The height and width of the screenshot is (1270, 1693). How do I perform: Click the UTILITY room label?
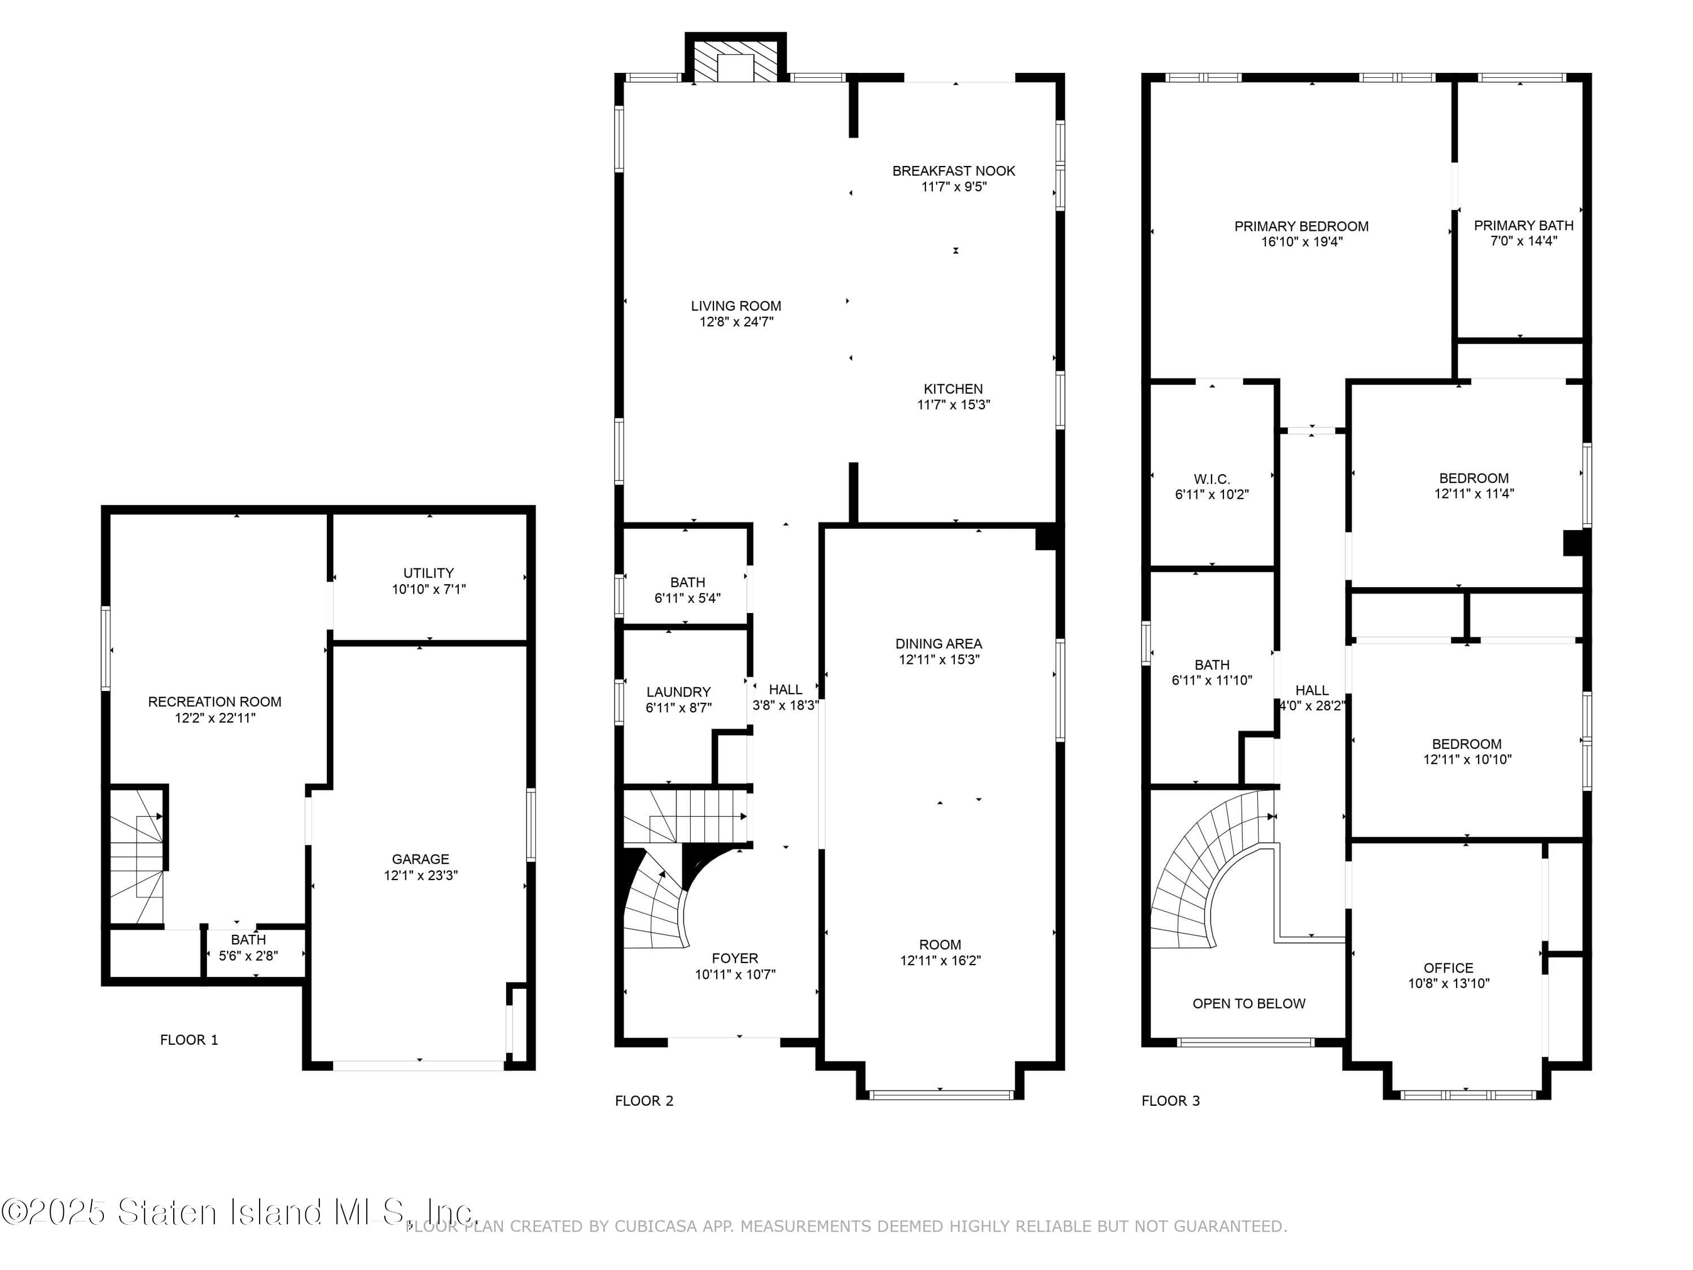pos(428,572)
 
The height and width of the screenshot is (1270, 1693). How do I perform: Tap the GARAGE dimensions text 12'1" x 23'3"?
pos(421,875)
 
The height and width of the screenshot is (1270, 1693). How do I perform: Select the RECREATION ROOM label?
pos(214,701)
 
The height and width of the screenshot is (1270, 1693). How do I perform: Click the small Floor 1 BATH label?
pos(248,939)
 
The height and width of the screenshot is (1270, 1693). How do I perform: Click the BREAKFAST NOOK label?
pos(954,170)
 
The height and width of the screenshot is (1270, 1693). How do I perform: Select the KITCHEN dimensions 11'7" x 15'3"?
pos(954,404)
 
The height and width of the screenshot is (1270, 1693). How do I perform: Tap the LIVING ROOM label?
pos(735,305)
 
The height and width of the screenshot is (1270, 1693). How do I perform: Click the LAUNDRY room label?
pos(678,691)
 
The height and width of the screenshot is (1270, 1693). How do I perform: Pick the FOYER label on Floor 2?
pos(735,958)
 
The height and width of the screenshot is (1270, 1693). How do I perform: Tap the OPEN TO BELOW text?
pos(1248,1003)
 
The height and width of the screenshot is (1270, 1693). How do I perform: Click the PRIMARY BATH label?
pos(1523,225)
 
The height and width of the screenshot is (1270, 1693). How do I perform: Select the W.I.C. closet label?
pos(1212,479)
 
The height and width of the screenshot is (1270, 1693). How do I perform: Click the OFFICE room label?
pos(1448,967)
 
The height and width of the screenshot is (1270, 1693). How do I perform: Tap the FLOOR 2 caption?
pos(644,1100)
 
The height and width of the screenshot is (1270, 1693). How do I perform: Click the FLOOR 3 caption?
pos(1170,1100)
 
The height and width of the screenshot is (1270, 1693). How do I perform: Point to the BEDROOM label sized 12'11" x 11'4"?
pos(1473,478)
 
